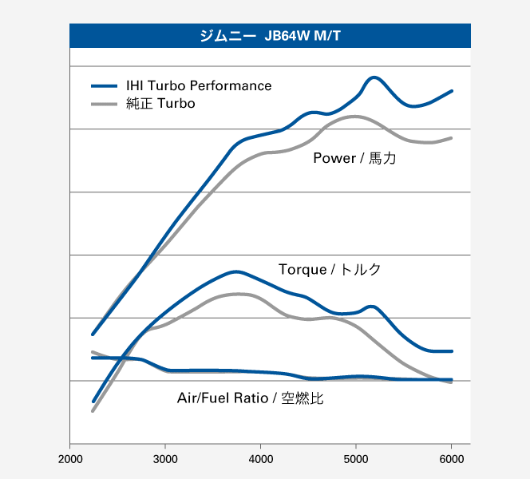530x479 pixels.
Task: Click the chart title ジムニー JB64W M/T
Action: pyautogui.click(x=270, y=35)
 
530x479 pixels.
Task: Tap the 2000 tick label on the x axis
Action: pyautogui.click(x=70, y=458)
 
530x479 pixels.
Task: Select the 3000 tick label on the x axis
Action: pyautogui.click(x=165, y=458)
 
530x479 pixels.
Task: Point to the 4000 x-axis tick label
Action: pyautogui.click(x=261, y=458)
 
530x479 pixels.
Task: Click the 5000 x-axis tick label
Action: pyautogui.click(x=356, y=458)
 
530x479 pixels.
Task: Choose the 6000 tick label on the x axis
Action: pyautogui.click(x=452, y=458)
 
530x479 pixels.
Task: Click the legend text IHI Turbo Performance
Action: pyautogui.click(x=199, y=85)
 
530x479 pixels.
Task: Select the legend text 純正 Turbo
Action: pyautogui.click(x=160, y=104)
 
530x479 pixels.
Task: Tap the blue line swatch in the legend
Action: pyautogui.click(x=105, y=85)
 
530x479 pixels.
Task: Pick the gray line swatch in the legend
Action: pyautogui.click(x=105, y=104)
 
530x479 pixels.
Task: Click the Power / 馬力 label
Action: pyautogui.click(x=354, y=158)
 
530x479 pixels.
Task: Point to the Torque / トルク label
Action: pyautogui.click(x=330, y=269)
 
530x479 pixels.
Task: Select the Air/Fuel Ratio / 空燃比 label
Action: pyautogui.click(x=251, y=397)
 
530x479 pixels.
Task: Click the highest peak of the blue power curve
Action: pyautogui.click(x=374, y=77)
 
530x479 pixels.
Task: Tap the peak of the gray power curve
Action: pyautogui.click(x=353, y=117)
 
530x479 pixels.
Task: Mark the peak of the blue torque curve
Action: pyautogui.click(x=235, y=271)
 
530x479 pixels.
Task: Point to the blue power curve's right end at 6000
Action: pyautogui.click(x=452, y=91)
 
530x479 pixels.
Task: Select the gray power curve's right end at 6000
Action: pyautogui.click(x=452, y=138)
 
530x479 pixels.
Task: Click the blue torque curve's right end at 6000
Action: pyautogui.click(x=452, y=351)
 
